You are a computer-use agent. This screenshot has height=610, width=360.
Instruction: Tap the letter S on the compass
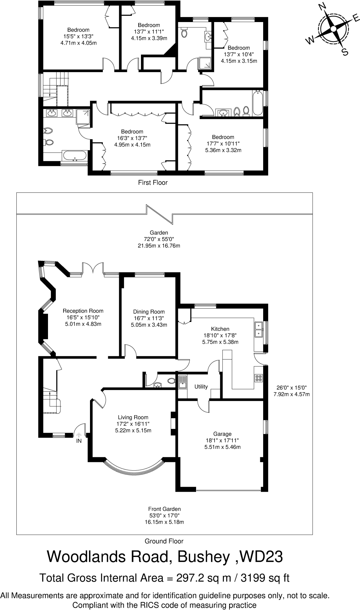tap(345, 52)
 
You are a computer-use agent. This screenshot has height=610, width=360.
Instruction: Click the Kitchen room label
tap(220, 329)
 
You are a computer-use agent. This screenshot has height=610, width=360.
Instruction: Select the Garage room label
tap(222, 434)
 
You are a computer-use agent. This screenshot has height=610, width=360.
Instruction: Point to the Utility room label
tap(201, 387)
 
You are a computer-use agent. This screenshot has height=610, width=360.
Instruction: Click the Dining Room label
tap(149, 312)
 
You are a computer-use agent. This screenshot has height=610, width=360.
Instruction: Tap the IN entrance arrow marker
tap(79, 435)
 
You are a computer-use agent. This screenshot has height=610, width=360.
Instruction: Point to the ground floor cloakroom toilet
tap(171, 381)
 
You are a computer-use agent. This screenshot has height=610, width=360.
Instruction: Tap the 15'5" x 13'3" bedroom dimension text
tap(78, 36)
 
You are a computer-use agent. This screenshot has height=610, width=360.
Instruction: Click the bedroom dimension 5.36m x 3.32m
tap(223, 150)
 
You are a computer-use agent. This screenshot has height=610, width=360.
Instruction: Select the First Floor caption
tap(153, 183)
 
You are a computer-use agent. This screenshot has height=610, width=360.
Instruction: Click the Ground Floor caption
tap(164, 541)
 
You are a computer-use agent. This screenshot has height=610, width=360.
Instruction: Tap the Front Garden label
tap(164, 509)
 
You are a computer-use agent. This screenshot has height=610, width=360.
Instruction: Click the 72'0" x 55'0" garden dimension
tap(159, 239)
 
